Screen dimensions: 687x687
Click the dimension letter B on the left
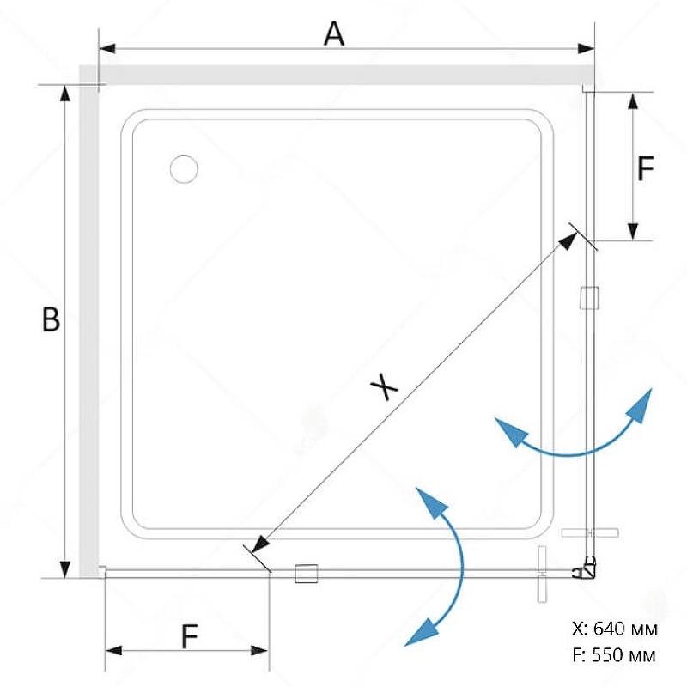pos(52,320)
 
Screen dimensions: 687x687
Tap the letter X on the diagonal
pos(386,388)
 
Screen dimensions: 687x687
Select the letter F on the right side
pos(646,169)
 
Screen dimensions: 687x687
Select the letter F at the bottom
pos(190,636)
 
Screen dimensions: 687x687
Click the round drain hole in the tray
pos(184,169)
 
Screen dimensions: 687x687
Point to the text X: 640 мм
pos(614,629)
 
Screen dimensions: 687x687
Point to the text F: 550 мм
pos(614,655)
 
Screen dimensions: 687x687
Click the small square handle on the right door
pos(589,297)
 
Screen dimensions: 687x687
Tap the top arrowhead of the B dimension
pos(64,95)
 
